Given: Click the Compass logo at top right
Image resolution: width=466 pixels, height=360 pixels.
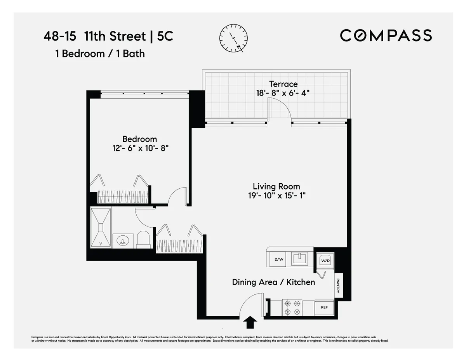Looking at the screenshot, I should pyautogui.click(x=386, y=35).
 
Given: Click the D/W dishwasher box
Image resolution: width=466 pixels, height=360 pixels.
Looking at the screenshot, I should pyautogui.click(x=279, y=259).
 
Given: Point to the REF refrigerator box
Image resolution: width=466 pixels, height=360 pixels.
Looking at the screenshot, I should pyautogui.click(x=324, y=307).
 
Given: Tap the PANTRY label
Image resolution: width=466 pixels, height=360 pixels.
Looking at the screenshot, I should pyautogui.click(x=339, y=286).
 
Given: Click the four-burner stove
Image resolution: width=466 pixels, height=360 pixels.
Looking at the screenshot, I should pyautogui.click(x=292, y=307).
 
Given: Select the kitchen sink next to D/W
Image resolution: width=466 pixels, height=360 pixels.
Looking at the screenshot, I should pyautogui.click(x=299, y=258).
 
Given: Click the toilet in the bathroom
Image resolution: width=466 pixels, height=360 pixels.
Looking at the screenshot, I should pyautogui.click(x=144, y=239).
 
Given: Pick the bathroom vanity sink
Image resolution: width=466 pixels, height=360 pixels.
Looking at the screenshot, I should pyautogui.click(x=123, y=241).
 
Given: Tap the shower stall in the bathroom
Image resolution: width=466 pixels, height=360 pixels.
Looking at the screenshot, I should pyautogui.click(x=101, y=228).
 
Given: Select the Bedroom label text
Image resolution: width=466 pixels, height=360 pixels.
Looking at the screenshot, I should pyautogui.click(x=139, y=139).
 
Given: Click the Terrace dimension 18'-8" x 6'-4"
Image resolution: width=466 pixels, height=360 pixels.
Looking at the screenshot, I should pyautogui.click(x=282, y=93).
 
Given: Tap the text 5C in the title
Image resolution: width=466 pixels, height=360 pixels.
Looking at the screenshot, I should pyautogui.click(x=165, y=36).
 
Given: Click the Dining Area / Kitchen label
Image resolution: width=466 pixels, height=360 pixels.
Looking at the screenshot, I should pyautogui.click(x=273, y=282).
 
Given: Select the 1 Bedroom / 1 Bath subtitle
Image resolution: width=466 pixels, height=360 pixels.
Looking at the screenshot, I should pyautogui.click(x=100, y=54).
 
